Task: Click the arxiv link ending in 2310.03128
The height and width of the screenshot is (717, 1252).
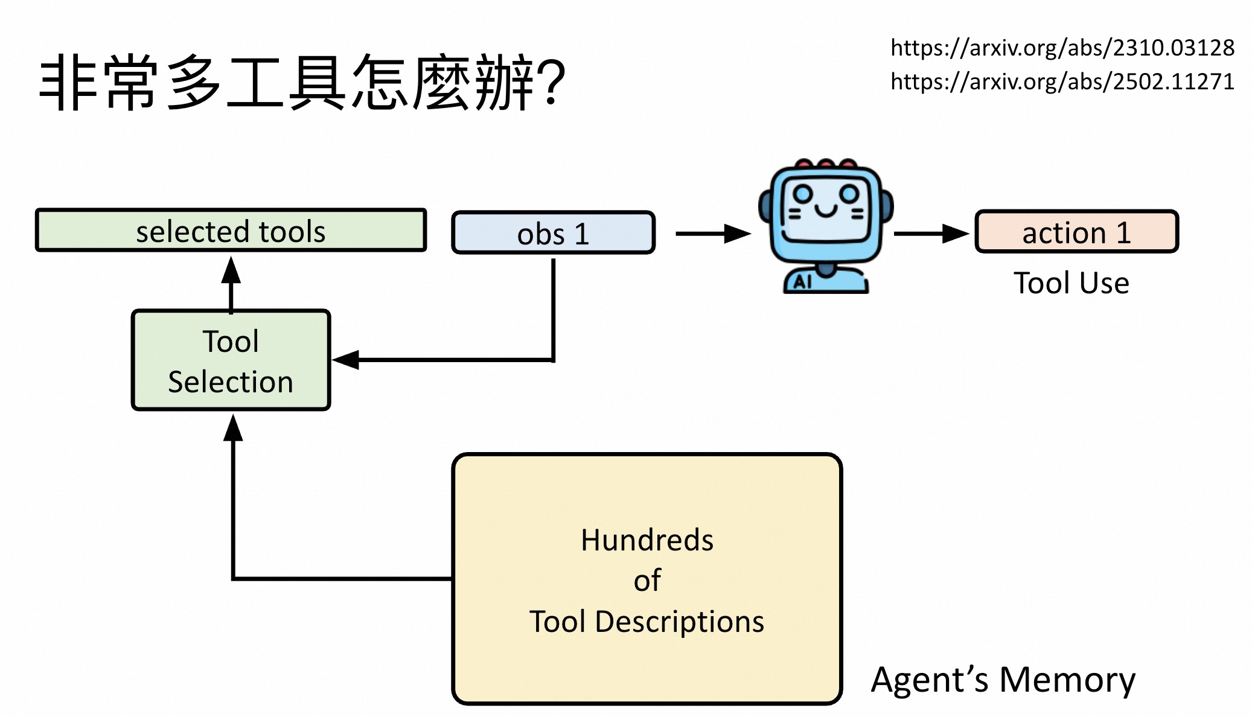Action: coord(1062,48)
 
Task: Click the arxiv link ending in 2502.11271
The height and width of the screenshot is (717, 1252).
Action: coord(1062,81)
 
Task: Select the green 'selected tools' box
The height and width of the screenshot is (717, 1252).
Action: coord(231,231)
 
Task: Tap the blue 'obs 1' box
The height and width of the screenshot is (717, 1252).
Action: coord(553,233)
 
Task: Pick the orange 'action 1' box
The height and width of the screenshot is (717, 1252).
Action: coord(1076,232)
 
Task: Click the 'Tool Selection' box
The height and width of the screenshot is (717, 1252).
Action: coord(231,361)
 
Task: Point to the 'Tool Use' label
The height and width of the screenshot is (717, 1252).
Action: coord(1072,282)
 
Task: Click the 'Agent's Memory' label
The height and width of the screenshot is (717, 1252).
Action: coord(1003,680)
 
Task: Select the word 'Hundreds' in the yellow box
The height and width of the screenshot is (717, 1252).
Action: coord(647,540)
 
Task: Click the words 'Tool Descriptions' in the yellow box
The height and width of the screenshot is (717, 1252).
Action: coord(647,622)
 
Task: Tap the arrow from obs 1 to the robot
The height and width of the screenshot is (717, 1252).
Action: coord(712,234)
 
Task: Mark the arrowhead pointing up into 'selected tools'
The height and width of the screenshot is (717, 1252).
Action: coord(231,270)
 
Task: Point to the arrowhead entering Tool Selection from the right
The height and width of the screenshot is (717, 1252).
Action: coord(347,360)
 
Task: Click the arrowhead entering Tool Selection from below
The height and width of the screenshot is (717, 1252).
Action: coord(233,428)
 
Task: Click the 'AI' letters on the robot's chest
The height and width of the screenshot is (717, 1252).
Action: coord(802,282)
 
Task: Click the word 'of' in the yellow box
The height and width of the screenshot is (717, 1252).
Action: coord(647,581)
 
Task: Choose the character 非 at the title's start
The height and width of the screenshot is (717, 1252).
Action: coord(68,83)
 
